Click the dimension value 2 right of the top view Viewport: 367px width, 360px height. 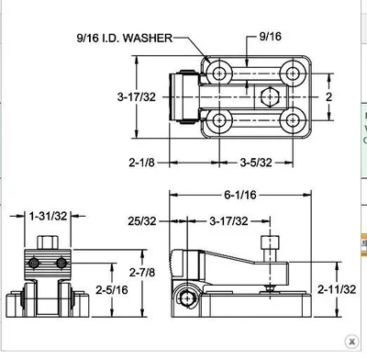[x=328, y=96]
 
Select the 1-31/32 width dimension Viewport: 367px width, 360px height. [x=46, y=217]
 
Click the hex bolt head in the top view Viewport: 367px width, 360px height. [x=268, y=96]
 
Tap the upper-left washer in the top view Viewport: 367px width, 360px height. [x=217, y=71]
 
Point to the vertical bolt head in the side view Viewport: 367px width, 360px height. [x=268, y=245]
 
